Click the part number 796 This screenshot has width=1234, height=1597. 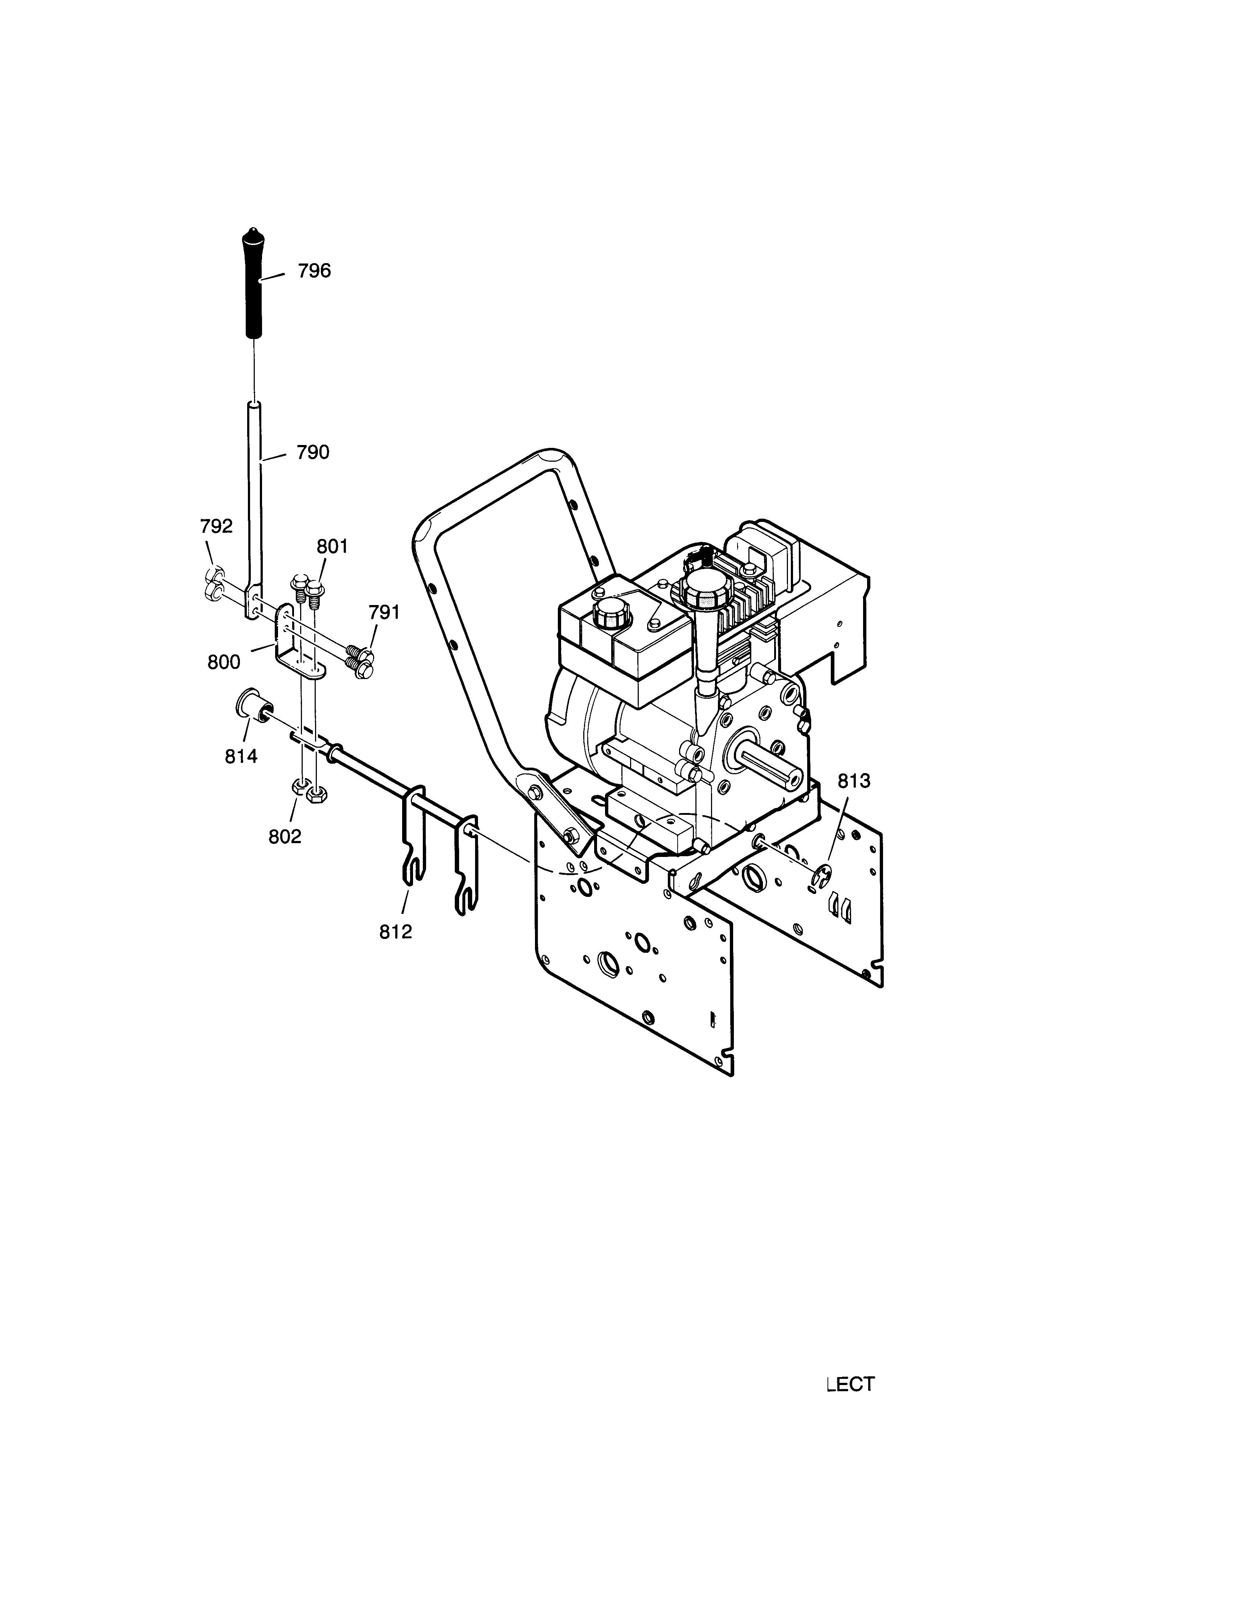pyautogui.click(x=314, y=271)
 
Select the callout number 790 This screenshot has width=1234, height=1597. pyautogui.click(x=313, y=453)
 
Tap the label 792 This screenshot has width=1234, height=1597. pyautogui.click(x=216, y=527)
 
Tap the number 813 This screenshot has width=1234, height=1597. pyautogui.click(x=854, y=782)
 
